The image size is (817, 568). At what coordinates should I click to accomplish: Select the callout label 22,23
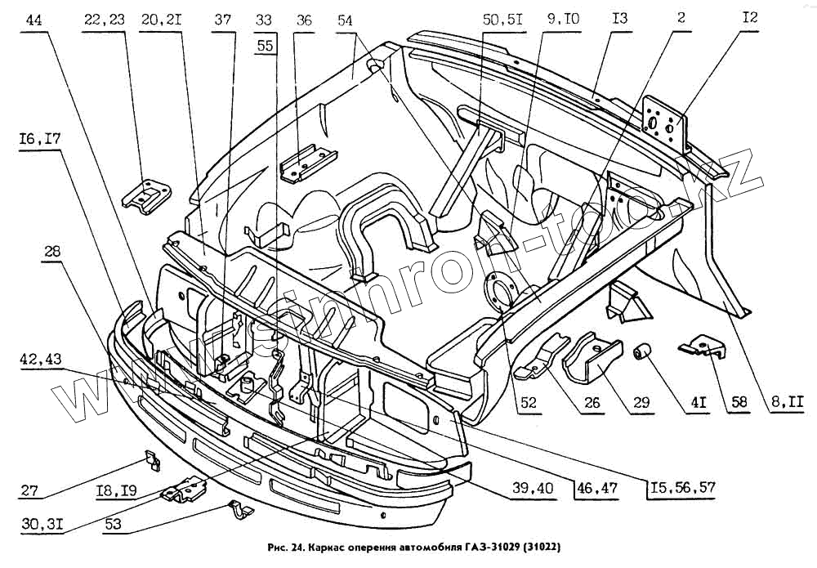[x=103, y=20]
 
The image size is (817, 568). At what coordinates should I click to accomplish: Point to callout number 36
[x=304, y=20]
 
